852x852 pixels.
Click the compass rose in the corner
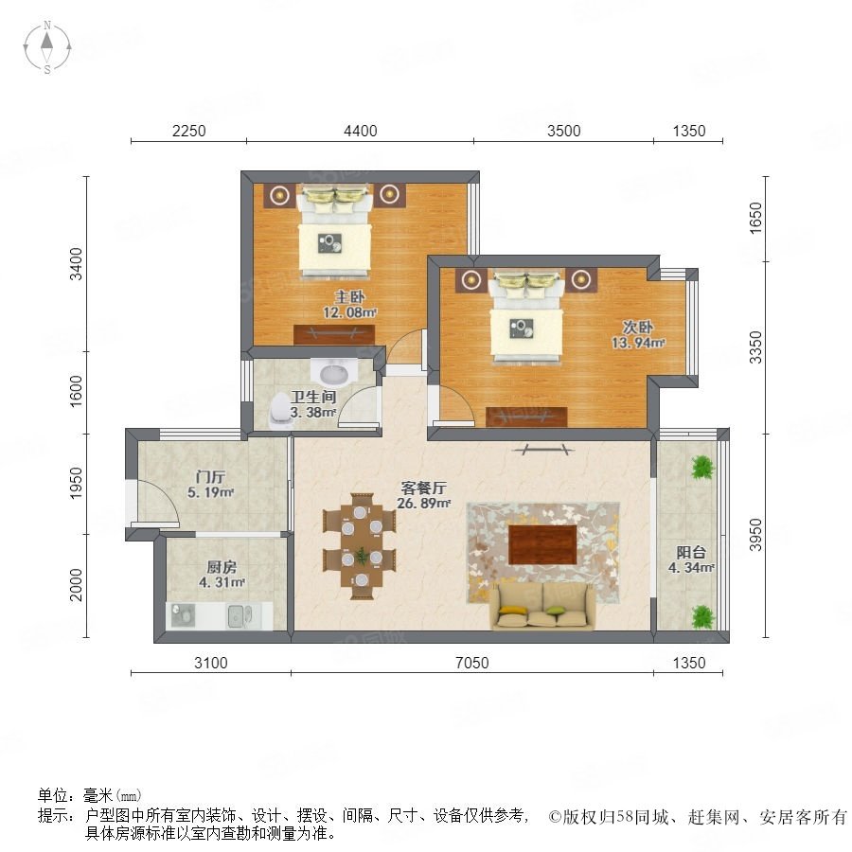point(47,46)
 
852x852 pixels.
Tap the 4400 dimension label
point(361,131)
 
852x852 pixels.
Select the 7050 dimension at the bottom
point(471,663)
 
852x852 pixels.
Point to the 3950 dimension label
point(755,535)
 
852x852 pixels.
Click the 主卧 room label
point(349,296)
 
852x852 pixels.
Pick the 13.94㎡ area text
point(638,343)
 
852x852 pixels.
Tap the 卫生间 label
point(313,397)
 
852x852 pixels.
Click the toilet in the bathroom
point(280,410)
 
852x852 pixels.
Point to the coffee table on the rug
point(542,545)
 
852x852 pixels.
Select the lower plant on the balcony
point(702,616)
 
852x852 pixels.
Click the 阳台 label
point(691,553)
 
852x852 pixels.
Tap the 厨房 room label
point(222,567)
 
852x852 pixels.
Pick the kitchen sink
point(240,616)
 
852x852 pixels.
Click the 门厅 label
point(210,477)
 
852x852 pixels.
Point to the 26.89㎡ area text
point(424,504)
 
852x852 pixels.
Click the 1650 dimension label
point(755,218)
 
